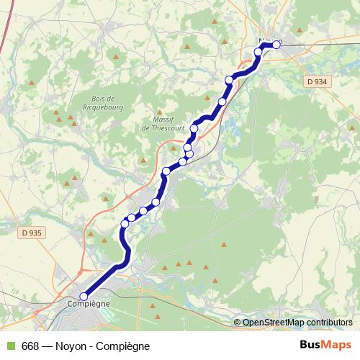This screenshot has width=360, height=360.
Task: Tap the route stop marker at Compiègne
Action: pos(83,296)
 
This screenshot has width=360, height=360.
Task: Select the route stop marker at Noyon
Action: pos(276,45)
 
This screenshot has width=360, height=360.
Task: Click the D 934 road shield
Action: pos(316,81)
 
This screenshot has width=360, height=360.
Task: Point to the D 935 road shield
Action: pos(31,233)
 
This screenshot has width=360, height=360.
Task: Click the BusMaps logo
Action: pos(326,346)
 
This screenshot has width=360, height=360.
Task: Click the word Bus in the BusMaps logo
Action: pos(312,346)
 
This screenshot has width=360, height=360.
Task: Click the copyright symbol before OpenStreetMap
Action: pos(237,323)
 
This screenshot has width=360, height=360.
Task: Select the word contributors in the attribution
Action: pos(328,323)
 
